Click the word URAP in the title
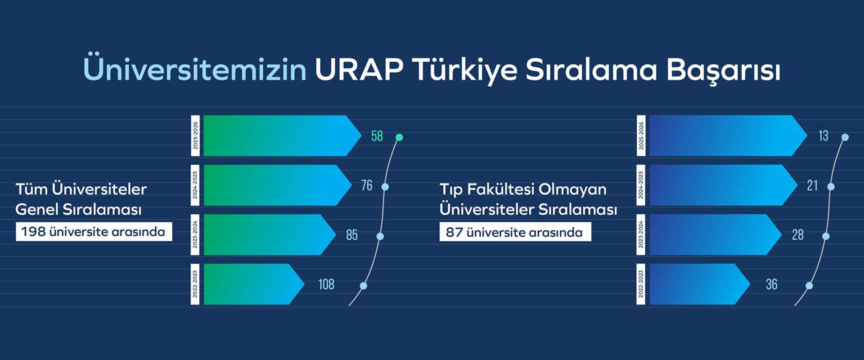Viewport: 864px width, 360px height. (359, 70)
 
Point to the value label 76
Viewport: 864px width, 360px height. (367, 185)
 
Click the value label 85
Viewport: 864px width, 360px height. (352, 235)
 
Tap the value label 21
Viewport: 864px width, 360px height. (812, 185)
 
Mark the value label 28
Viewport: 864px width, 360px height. (798, 235)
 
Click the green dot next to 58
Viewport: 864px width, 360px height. (399, 137)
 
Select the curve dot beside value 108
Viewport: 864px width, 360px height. (364, 286)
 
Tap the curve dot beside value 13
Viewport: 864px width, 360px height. (845, 137)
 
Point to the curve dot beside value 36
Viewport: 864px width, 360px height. (809, 286)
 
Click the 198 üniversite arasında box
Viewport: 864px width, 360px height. (94, 232)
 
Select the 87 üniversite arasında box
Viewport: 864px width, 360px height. (515, 232)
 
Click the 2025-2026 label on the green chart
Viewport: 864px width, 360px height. (195, 136)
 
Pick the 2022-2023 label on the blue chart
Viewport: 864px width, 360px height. (641, 284)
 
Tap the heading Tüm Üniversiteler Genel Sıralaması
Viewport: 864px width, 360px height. (81, 199)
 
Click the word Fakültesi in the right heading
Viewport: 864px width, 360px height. (500, 189)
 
